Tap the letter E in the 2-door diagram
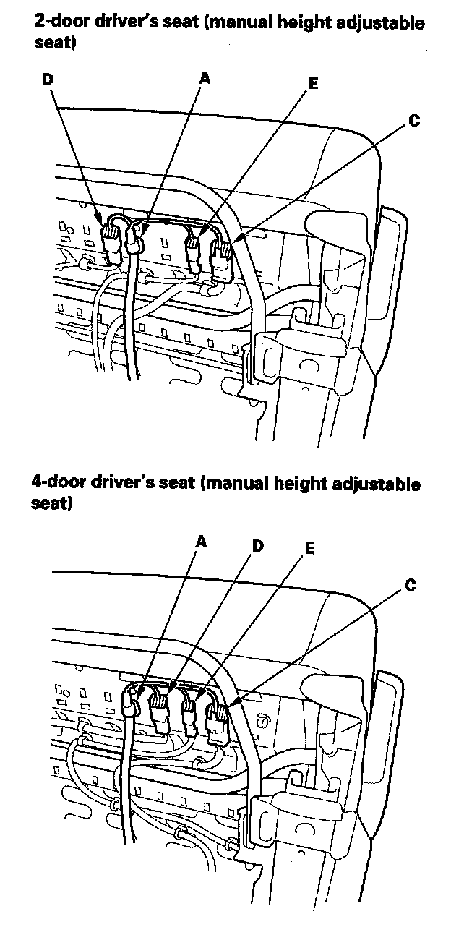coord(313,83)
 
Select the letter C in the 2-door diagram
coord(413,121)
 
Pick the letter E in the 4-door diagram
coord(310,549)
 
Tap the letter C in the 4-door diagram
coord(410,586)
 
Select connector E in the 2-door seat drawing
coord(194,253)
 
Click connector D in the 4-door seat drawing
coord(159,709)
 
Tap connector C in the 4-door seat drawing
coord(216,717)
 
